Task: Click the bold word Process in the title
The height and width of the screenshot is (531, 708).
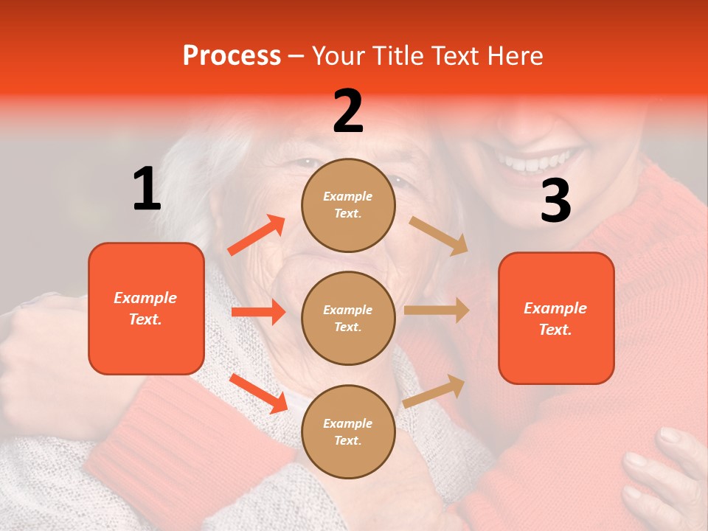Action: [232, 56]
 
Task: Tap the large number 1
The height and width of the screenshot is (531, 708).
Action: [147, 190]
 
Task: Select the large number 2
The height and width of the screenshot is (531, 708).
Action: [348, 111]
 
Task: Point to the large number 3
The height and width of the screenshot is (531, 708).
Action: [555, 201]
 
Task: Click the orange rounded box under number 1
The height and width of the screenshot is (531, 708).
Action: [146, 308]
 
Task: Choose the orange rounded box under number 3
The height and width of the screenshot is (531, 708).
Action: [556, 318]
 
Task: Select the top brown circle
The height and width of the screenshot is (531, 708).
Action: [348, 205]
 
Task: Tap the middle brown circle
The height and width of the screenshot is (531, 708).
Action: [348, 318]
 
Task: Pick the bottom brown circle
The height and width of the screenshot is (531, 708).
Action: [348, 431]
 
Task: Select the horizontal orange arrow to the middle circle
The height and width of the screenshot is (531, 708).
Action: [258, 312]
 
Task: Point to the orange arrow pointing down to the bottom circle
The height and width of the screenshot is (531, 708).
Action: [258, 393]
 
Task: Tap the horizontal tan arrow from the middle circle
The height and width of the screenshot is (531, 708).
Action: [437, 310]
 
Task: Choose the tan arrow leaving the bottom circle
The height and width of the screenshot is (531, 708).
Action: [434, 391]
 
